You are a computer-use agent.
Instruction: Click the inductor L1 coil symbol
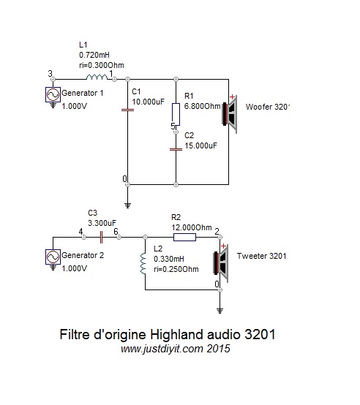click(x=97, y=77)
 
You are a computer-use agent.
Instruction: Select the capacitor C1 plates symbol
click(x=127, y=110)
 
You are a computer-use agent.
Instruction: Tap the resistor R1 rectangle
click(x=176, y=114)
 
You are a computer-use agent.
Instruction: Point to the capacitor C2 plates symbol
click(x=176, y=149)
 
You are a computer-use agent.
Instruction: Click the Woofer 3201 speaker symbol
click(x=230, y=113)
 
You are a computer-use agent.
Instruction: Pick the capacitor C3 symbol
click(x=101, y=237)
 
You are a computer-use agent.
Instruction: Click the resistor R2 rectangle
click(x=184, y=237)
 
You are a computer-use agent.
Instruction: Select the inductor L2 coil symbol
click(x=143, y=263)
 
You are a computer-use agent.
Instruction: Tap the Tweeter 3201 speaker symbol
click(x=221, y=263)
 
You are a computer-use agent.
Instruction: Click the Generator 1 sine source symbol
click(x=53, y=94)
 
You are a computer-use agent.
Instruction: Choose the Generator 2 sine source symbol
click(x=53, y=257)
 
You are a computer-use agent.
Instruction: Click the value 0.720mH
click(x=94, y=55)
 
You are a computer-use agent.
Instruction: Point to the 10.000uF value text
click(x=148, y=102)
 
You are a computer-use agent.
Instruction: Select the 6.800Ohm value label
click(x=203, y=106)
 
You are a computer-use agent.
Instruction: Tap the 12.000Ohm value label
click(x=192, y=227)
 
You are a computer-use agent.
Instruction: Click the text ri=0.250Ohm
click(x=176, y=269)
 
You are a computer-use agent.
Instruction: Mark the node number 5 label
click(x=173, y=126)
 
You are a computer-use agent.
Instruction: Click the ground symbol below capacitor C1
click(x=127, y=205)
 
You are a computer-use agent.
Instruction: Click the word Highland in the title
click(x=176, y=335)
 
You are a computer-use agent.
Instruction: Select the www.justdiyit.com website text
click(x=162, y=349)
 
